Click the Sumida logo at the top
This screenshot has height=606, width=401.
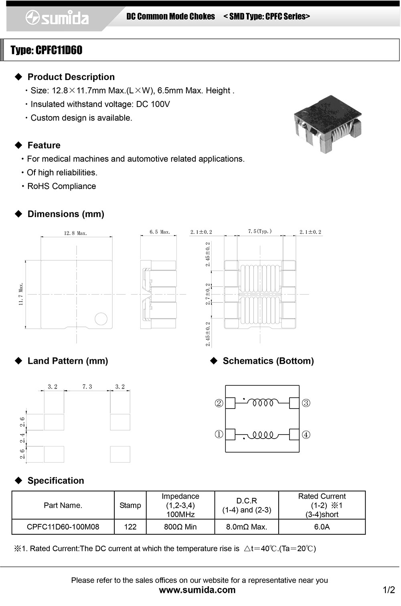57,18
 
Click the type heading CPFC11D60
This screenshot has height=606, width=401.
47,50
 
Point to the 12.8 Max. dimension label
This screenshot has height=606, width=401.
75,233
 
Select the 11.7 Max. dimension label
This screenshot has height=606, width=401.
21,294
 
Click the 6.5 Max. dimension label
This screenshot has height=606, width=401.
160,232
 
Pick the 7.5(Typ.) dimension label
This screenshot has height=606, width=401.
260,232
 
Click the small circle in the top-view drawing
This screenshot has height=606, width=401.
101,319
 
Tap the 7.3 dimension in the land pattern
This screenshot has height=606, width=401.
87,387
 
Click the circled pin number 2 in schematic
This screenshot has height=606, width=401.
219,403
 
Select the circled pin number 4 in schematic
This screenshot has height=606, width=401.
306,435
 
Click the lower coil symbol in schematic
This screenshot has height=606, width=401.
263,435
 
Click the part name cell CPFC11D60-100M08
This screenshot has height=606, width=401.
63,527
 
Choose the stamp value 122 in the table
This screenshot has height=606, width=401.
130,527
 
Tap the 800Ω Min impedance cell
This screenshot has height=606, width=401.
180,527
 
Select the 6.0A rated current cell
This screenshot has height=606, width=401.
322,527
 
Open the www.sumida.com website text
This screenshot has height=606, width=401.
197,590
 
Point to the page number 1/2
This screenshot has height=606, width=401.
389,590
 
